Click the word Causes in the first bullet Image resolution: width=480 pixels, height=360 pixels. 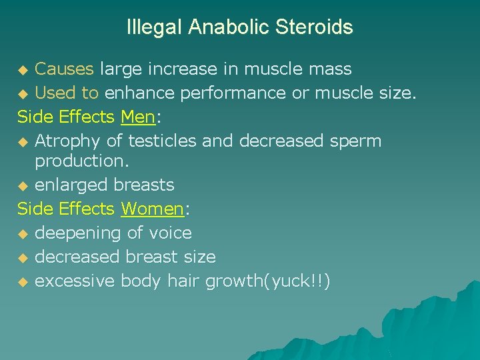[65, 69]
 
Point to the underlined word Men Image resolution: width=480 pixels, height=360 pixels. [137, 117]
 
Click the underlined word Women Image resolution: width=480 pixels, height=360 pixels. [152, 209]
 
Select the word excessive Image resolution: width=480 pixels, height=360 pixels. [75, 281]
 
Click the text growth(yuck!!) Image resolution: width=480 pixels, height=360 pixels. [267, 281]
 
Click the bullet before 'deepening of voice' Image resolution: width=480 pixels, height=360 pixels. [23, 234]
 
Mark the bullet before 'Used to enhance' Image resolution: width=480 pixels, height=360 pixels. [23, 93]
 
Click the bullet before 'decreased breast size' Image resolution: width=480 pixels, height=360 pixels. [23, 258]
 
